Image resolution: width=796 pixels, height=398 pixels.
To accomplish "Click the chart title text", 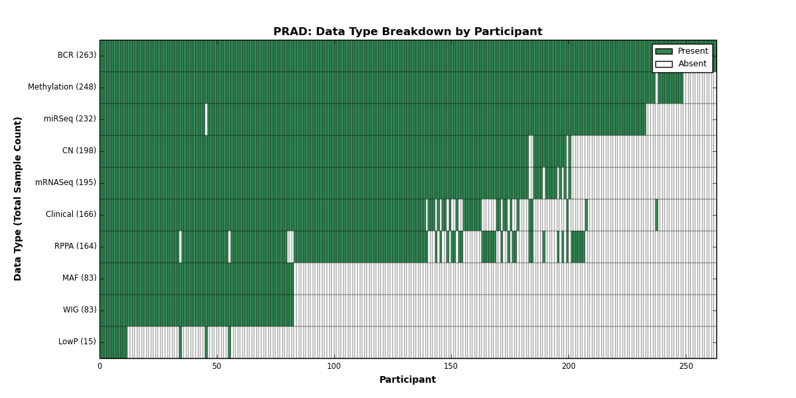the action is (x=407, y=32).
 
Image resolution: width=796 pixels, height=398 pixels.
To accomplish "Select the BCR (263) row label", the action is (x=77, y=55).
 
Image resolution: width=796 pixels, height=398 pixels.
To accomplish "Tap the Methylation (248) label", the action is (x=62, y=87).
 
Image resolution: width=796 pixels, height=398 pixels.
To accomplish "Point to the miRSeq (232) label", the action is (x=70, y=119).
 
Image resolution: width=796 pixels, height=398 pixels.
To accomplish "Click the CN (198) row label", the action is (x=79, y=151).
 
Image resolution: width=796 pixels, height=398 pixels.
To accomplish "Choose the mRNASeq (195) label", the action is (x=66, y=182).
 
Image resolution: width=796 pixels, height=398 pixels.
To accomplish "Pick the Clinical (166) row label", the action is (x=71, y=214).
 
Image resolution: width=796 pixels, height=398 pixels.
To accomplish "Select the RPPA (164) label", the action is (x=75, y=246).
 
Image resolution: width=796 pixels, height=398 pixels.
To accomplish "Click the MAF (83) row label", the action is (x=79, y=278).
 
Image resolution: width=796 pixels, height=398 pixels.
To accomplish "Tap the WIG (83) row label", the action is (x=80, y=310).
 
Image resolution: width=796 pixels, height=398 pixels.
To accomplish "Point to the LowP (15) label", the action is (x=77, y=342).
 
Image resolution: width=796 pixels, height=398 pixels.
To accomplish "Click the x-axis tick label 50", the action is (x=217, y=366).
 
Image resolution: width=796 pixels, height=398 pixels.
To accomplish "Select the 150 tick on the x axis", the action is (x=451, y=366).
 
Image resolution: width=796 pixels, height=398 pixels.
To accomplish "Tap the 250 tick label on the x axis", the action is (x=686, y=366).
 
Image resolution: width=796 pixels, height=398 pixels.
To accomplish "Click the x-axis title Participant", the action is (x=407, y=379).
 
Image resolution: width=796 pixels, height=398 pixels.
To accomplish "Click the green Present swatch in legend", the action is (x=664, y=52).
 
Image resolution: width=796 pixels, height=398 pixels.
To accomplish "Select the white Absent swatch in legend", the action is (x=664, y=64).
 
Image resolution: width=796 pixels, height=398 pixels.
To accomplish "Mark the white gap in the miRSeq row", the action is (x=206, y=119).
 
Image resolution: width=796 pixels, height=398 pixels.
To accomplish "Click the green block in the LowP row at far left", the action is (x=113, y=342).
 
